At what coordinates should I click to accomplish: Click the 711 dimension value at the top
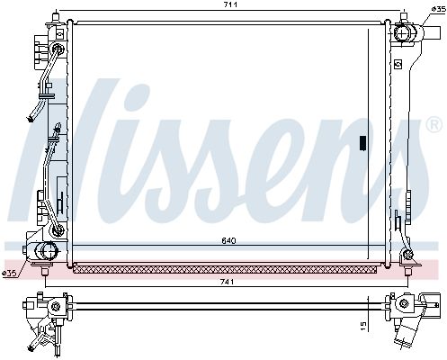230,4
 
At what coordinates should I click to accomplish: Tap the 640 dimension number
229,240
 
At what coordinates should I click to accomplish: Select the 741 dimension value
227,282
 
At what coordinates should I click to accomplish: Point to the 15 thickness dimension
363,325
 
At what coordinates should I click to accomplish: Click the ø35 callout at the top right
439,10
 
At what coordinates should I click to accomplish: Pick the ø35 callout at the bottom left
9,273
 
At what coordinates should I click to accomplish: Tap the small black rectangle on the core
362,143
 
